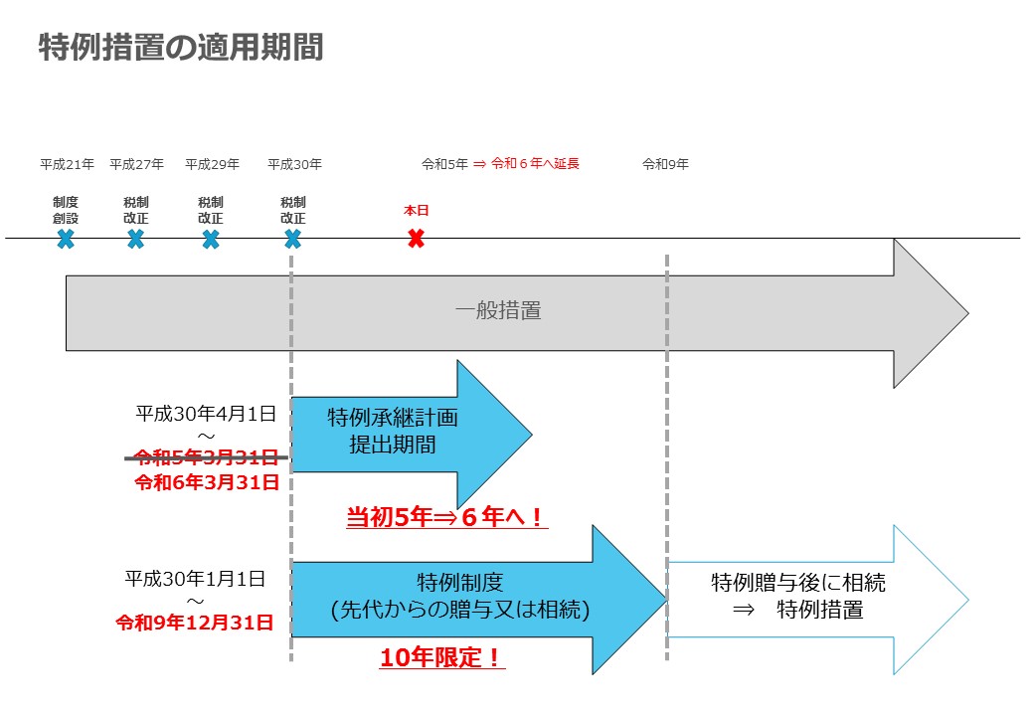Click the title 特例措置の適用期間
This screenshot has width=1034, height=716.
coord(181,47)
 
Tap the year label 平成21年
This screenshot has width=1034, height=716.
coord(68,164)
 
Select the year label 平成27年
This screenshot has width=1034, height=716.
coord(136,164)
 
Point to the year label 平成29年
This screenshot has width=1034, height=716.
coord(213,164)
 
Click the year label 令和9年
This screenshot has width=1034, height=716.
coord(665,164)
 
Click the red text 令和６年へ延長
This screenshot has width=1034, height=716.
coord(535,163)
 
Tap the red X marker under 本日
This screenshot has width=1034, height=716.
coord(416,238)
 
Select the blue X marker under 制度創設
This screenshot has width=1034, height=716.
coord(66,239)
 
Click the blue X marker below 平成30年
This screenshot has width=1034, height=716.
coord(292,239)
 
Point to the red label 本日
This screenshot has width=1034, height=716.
coord(417,210)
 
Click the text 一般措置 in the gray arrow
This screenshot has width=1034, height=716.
coord(498,310)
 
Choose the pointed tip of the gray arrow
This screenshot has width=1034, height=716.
coord(968,314)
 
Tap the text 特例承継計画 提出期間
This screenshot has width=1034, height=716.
coord(393,431)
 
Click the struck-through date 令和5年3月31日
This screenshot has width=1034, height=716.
coord(207,456)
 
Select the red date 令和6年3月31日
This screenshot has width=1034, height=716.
coord(207,482)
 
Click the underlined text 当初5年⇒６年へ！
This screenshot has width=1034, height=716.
coord(445,517)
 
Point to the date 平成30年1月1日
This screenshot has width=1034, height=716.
coord(195,579)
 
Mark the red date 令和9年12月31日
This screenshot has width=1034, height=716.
coord(195,623)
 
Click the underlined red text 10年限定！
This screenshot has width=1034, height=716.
coord(441,657)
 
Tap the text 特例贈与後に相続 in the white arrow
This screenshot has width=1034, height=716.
coord(798,583)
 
